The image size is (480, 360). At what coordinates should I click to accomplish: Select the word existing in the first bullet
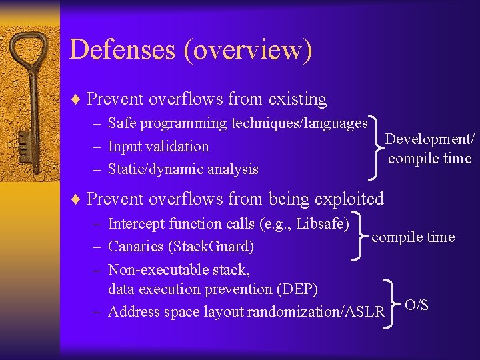tap(297, 99)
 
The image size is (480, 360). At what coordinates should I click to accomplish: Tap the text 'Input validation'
tap(158, 146)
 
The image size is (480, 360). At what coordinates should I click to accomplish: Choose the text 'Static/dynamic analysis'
tap(183, 169)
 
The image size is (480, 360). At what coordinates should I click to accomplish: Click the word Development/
tap(430, 139)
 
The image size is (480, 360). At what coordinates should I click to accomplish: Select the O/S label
tap(417, 305)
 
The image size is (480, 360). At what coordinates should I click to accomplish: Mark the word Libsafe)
tap(323, 223)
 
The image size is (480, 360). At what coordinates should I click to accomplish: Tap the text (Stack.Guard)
tap(211, 247)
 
